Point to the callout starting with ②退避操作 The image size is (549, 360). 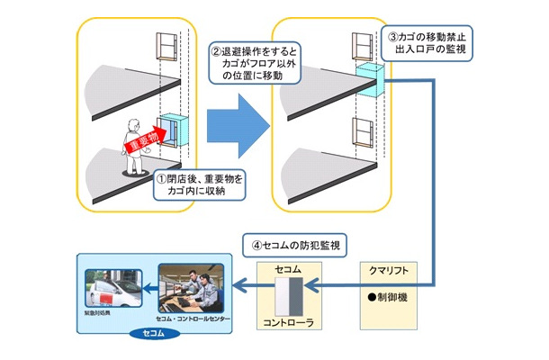pos(254,63)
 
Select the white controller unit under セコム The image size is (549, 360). pos(288,292)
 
